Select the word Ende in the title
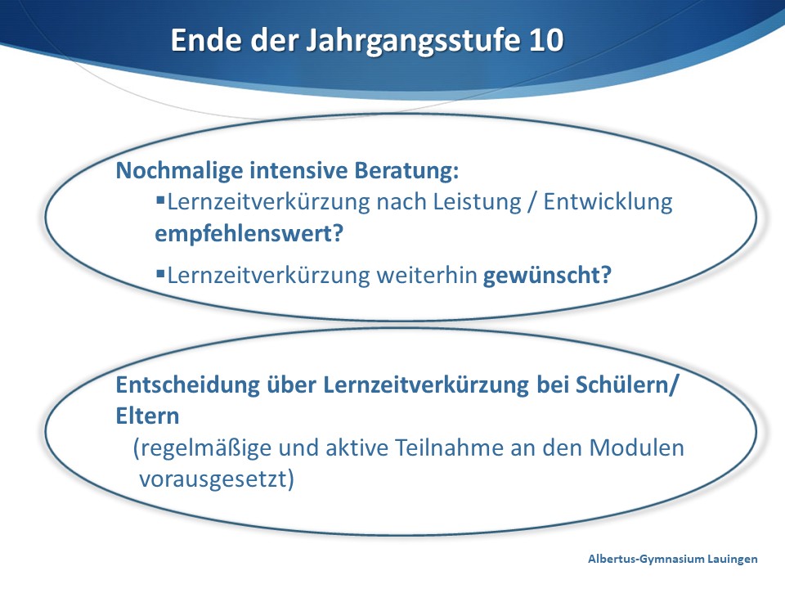coord(207,39)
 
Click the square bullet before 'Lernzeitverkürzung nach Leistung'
coord(161,200)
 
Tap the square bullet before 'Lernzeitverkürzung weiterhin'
coord(161,273)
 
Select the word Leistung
coord(477,202)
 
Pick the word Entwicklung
coord(608,202)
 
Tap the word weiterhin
coord(427,275)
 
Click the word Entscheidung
coord(188,385)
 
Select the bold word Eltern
coord(147,416)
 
